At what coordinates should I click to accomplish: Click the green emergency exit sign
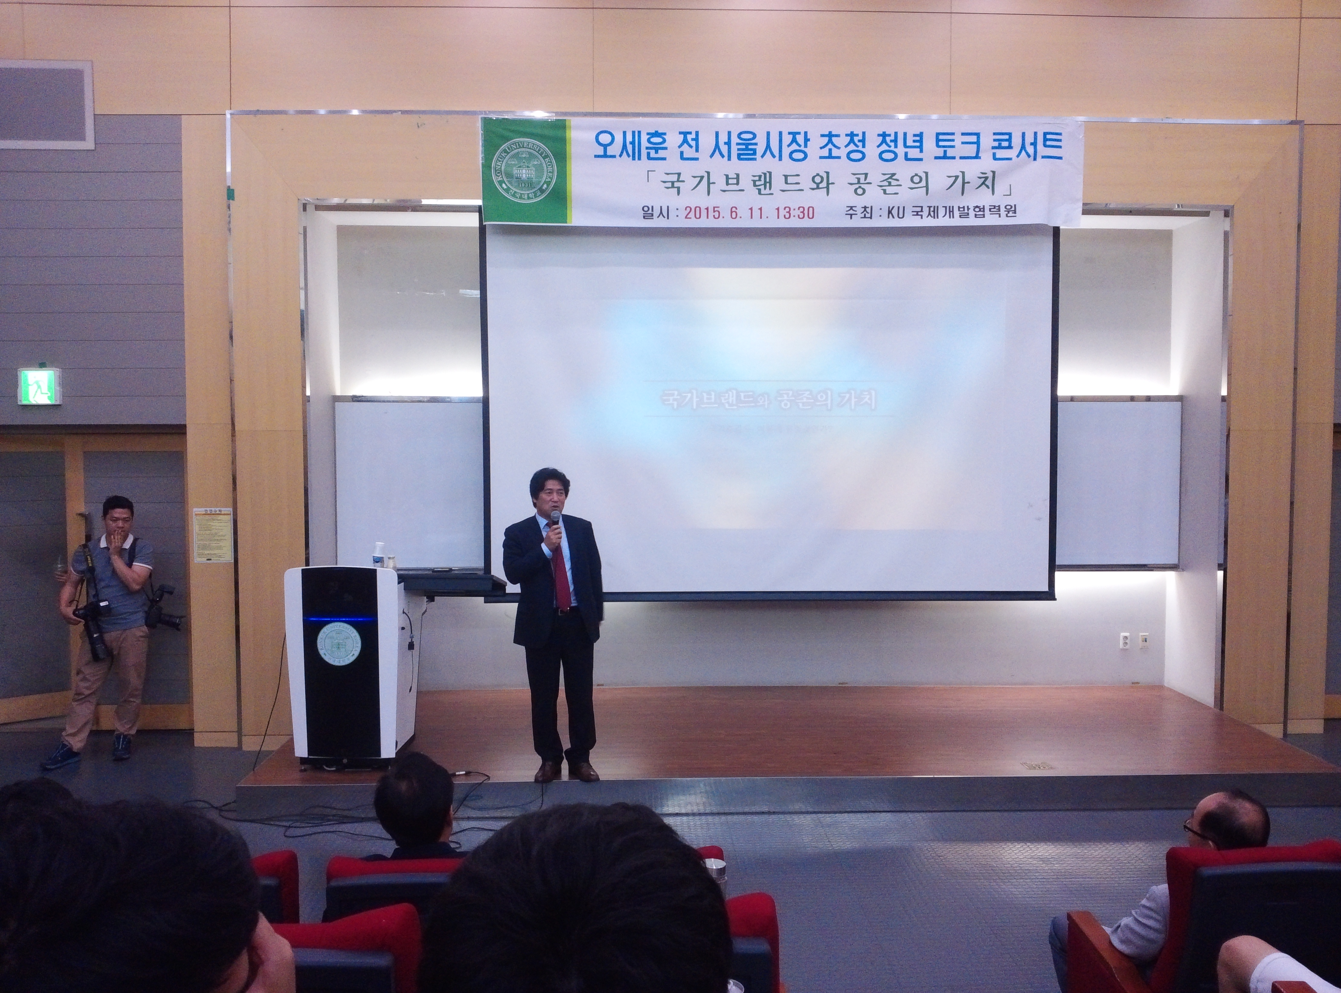(39, 386)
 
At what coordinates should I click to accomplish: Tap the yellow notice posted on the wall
(213, 535)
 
